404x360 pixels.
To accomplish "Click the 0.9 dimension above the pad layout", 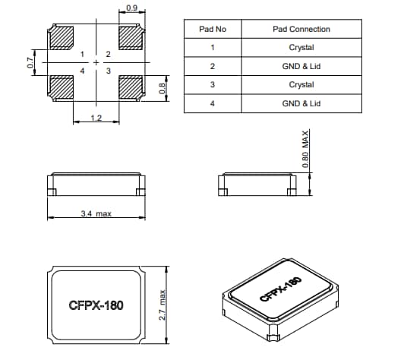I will tap(131, 9).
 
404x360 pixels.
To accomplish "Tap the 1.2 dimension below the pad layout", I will tap(96, 118).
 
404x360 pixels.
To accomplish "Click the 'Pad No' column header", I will tap(213, 29).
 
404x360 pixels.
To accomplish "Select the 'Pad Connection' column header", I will tap(301, 29).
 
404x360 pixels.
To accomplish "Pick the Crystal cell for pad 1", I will tap(301, 48).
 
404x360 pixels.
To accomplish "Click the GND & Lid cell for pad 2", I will tap(301, 66).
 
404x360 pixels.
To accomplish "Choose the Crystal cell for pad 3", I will tap(301, 84).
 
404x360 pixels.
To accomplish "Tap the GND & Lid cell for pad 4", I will tap(301, 103).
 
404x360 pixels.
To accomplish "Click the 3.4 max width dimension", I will tap(96, 214).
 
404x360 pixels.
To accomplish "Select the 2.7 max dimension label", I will tap(163, 304).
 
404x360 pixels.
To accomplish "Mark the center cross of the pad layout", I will tap(96, 62).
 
